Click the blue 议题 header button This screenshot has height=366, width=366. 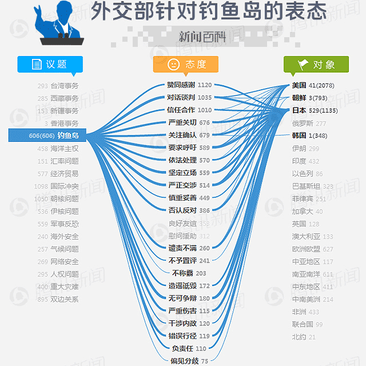pos(50,64)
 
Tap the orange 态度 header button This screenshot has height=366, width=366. pos(186,64)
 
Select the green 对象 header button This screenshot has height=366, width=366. pos(316,64)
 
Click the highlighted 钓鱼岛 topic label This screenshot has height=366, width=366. pos(67,136)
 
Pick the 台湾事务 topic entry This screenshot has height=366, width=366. pos(65,86)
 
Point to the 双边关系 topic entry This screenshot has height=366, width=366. pos(65,299)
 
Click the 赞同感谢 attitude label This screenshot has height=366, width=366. pos(181,85)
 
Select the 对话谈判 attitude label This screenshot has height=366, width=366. pos(181,97)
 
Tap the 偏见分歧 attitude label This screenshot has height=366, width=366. pos(184,360)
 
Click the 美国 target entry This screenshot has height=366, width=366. pos(299,85)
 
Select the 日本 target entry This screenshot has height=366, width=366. pos(299,110)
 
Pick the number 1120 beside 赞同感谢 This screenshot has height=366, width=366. pos(205,85)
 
